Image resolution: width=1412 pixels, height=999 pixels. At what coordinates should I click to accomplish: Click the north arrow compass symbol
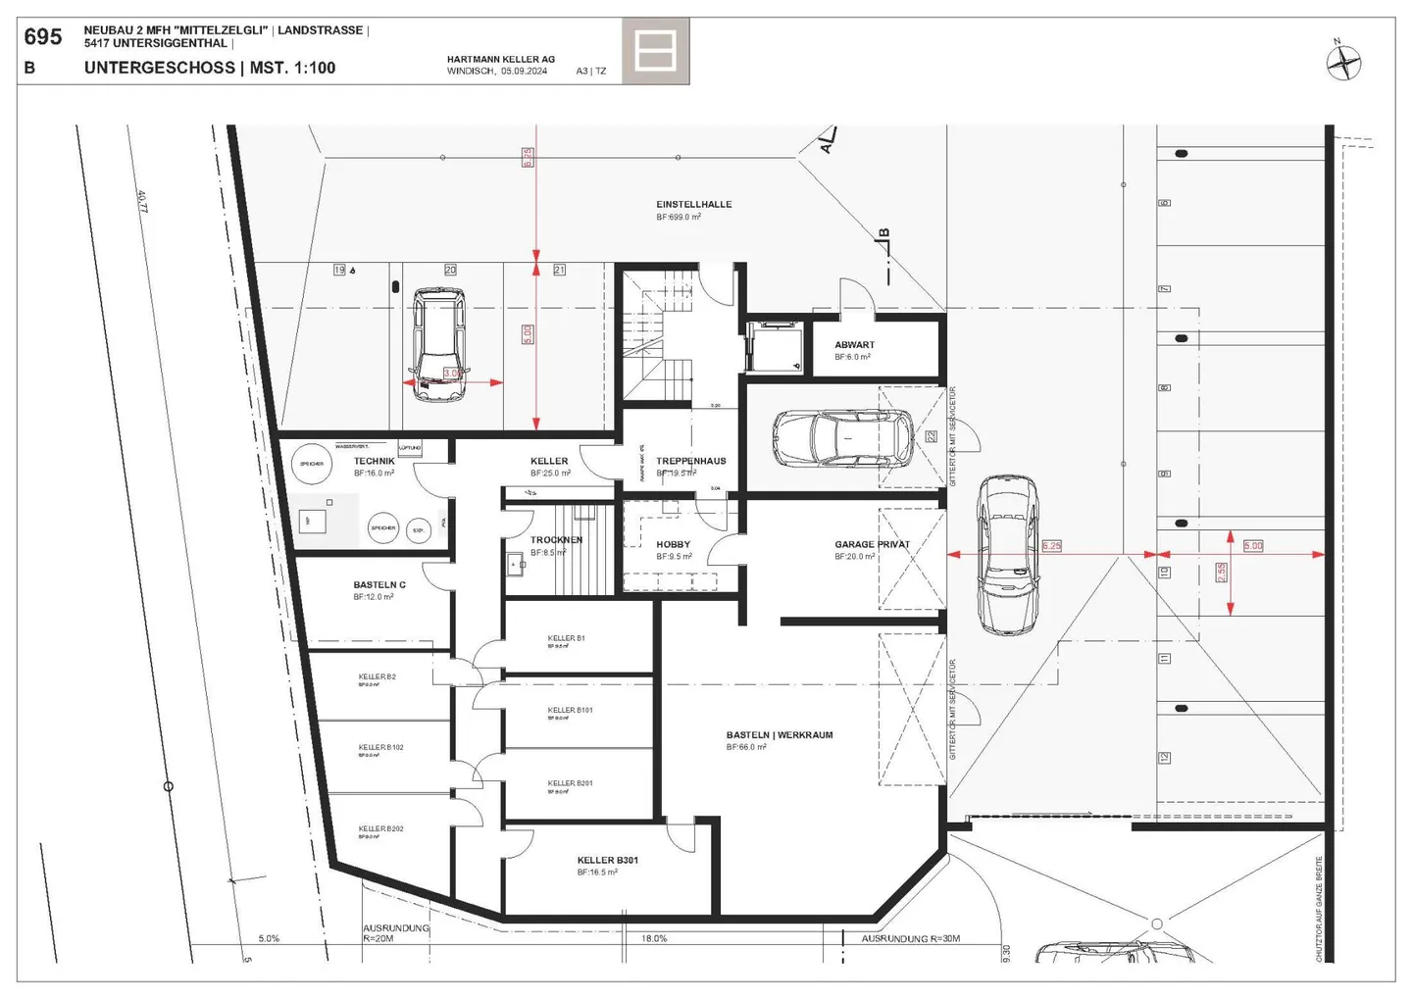coord(1343,63)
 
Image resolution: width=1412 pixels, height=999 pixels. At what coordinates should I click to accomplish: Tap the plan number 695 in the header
coord(43,37)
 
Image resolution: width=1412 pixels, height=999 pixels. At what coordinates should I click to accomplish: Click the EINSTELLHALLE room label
coord(693,204)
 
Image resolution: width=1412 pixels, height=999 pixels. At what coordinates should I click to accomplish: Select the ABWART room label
coord(854,345)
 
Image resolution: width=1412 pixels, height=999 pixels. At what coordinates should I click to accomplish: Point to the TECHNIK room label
coord(374,461)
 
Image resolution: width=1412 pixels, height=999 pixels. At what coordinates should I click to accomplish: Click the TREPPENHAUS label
coord(690,461)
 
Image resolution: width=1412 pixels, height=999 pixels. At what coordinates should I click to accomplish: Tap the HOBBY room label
coord(673,544)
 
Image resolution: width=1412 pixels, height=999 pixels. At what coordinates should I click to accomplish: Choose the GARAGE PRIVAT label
coord(872,544)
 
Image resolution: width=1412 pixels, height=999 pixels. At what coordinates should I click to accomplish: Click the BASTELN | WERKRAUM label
coord(779,734)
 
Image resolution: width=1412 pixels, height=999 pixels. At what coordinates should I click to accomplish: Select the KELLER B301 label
coord(607,860)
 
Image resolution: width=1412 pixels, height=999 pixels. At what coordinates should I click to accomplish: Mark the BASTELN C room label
coord(378,584)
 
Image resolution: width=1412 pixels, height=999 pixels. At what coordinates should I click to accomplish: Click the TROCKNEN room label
coord(556,540)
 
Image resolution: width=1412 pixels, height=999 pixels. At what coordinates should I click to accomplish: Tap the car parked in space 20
coord(437,345)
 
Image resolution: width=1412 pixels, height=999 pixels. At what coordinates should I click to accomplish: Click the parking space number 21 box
coord(559,270)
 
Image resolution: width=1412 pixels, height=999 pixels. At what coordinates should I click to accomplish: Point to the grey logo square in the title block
coord(655,51)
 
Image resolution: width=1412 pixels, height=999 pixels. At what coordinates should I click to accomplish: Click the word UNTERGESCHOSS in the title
coord(159,68)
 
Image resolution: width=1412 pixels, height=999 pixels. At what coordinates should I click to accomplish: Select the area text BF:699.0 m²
coord(679,217)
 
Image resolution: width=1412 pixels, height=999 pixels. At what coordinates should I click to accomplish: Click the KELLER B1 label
coord(566,638)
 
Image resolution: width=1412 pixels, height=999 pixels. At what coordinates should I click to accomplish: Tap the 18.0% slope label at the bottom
coord(654,938)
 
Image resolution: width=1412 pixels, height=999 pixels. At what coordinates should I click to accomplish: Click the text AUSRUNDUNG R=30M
coord(910,938)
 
